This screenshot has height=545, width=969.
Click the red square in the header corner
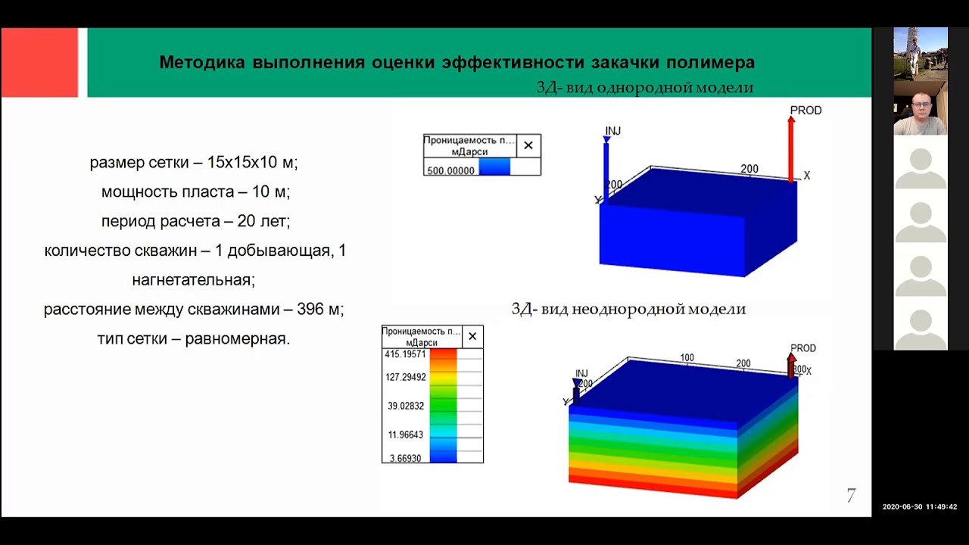tap(39, 63)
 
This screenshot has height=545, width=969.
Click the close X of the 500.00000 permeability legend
tap(528, 145)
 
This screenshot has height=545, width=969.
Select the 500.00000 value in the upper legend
tap(450, 170)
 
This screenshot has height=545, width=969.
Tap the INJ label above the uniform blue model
tap(613, 131)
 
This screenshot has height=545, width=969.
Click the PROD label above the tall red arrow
tap(805, 111)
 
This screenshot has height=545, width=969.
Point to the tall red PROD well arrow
tap(791, 148)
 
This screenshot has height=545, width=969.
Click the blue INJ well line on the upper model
tap(606, 170)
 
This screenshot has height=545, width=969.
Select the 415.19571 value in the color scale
tap(405, 354)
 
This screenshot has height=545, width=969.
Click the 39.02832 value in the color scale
tap(405, 406)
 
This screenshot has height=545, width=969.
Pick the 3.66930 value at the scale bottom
tap(405, 459)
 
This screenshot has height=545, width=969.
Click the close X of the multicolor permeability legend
tap(472, 337)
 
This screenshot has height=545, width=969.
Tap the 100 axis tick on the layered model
tap(687, 357)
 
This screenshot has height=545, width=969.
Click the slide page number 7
tap(851, 496)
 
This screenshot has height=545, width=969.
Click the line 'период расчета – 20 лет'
tap(195, 221)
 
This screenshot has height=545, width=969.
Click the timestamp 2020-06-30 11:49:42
tap(919, 507)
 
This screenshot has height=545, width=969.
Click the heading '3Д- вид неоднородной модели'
tap(628, 309)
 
